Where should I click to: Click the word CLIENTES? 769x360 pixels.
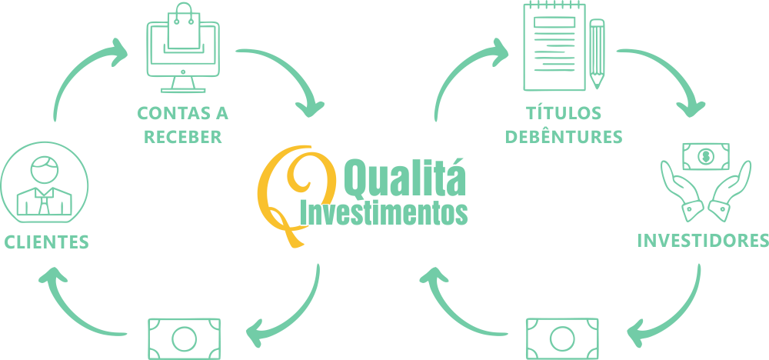click(46, 242)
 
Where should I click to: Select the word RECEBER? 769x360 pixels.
click(182, 138)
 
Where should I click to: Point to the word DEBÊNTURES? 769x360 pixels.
click(564, 138)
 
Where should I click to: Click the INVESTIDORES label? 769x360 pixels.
click(703, 241)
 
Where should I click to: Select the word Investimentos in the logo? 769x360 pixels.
click(384, 212)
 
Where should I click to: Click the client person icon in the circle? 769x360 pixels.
click(44, 185)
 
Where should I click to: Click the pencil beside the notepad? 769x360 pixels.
click(597, 53)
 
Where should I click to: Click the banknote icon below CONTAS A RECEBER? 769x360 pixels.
click(184, 338)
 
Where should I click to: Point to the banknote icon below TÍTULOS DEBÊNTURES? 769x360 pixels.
click(562, 338)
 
